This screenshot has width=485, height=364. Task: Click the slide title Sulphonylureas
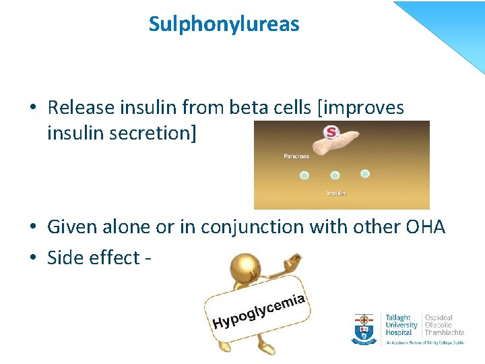tap(224, 25)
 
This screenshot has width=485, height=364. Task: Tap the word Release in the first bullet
tap(81, 108)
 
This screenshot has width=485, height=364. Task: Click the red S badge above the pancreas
tap(331, 133)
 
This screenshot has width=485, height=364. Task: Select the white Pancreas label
tap(296, 156)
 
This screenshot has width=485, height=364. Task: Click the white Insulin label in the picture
tap(336, 193)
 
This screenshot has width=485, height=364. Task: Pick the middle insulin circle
tap(335, 175)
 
